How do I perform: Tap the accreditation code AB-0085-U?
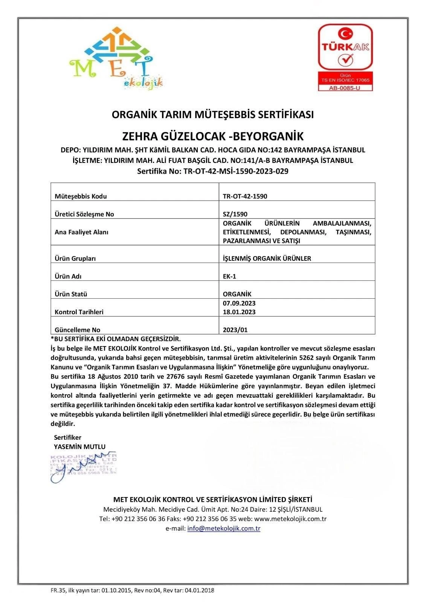(345, 88)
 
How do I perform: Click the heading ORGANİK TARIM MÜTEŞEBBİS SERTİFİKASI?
(213, 114)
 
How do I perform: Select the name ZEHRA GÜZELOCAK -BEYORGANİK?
(213, 136)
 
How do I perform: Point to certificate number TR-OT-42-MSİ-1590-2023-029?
(213, 172)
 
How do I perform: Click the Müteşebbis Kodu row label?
(81, 196)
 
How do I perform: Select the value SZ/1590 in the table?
(235, 214)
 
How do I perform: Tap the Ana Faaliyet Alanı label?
(81, 232)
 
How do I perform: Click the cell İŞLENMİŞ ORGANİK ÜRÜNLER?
(267, 258)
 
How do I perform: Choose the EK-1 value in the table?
(229, 276)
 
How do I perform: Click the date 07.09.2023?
(239, 303)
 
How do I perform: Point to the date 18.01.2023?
(239, 312)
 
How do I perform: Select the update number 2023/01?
(235, 330)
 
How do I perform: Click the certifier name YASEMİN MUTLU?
(79, 447)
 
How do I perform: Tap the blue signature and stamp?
(83, 467)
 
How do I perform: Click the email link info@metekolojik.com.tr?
(224, 529)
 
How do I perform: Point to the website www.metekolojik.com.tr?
(290, 519)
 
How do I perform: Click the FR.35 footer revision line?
(133, 590)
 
